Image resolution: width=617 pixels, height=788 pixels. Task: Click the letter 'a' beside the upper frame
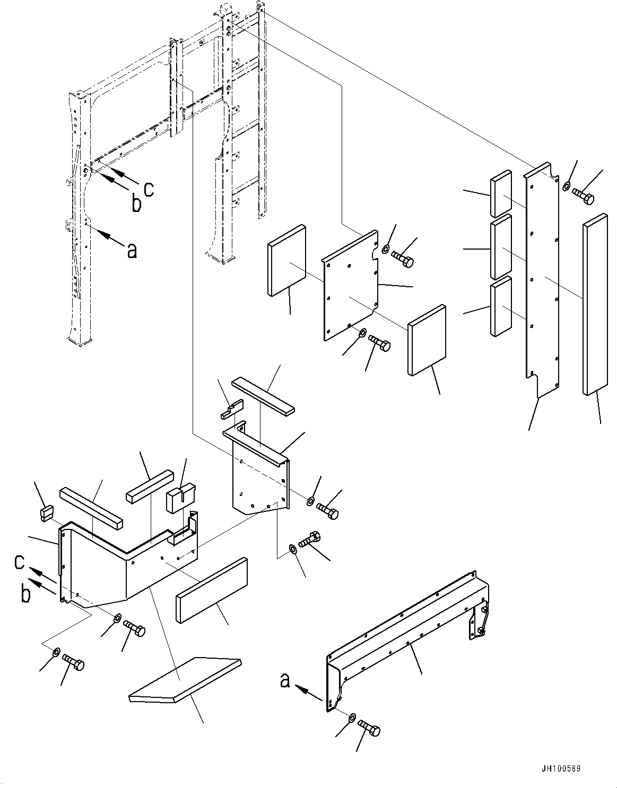(132, 251)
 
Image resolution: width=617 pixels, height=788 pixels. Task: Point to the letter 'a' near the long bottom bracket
(285, 680)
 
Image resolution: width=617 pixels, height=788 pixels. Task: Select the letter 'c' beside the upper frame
(149, 190)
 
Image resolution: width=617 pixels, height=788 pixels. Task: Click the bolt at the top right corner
(583, 196)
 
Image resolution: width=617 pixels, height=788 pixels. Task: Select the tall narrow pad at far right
(595, 304)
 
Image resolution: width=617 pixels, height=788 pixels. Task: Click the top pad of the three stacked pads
(501, 193)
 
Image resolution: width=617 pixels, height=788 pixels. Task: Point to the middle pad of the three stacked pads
(501, 246)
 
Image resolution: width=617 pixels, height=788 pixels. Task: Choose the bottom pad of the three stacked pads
(501, 306)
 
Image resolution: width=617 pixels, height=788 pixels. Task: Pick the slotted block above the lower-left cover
(181, 497)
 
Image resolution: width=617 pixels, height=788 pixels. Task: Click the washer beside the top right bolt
(566, 187)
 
